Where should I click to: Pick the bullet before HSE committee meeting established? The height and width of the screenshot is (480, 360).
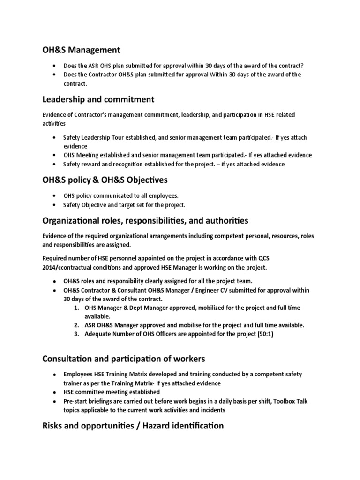(55, 392)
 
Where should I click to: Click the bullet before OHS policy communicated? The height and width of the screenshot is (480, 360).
(55, 195)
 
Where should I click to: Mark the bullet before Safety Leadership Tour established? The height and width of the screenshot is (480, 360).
(55, 137)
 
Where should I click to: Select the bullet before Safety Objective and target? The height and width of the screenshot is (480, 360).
(55, 205)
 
